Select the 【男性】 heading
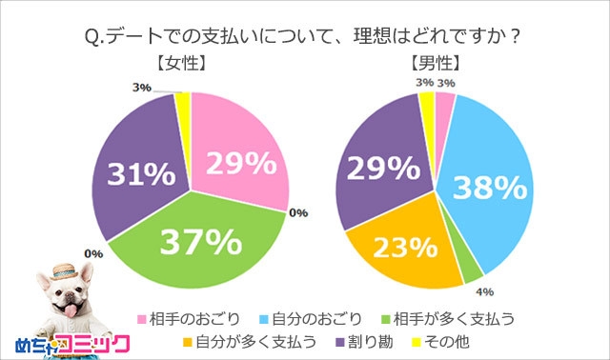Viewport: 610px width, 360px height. coord(435,66)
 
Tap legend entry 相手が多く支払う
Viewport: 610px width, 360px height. coord(447,316)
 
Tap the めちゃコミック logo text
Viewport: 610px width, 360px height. coord(67,342)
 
